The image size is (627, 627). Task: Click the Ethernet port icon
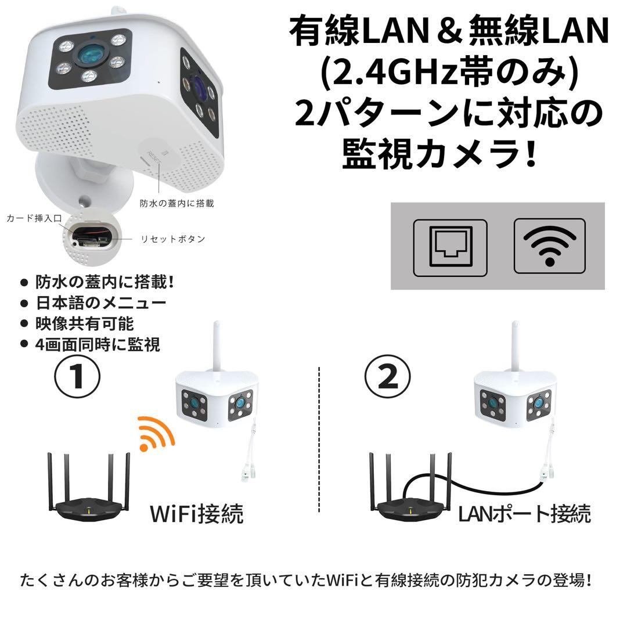point(450,247)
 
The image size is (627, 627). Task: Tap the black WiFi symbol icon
point(550,245)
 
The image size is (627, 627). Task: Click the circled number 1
point(77,377)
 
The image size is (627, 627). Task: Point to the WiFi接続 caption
point(196,513)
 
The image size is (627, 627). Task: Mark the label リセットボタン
point(173,239)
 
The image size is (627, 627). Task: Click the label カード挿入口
point(34,218)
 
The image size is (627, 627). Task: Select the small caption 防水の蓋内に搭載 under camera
point(176,203)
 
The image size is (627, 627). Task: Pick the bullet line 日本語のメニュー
point(100,303)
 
